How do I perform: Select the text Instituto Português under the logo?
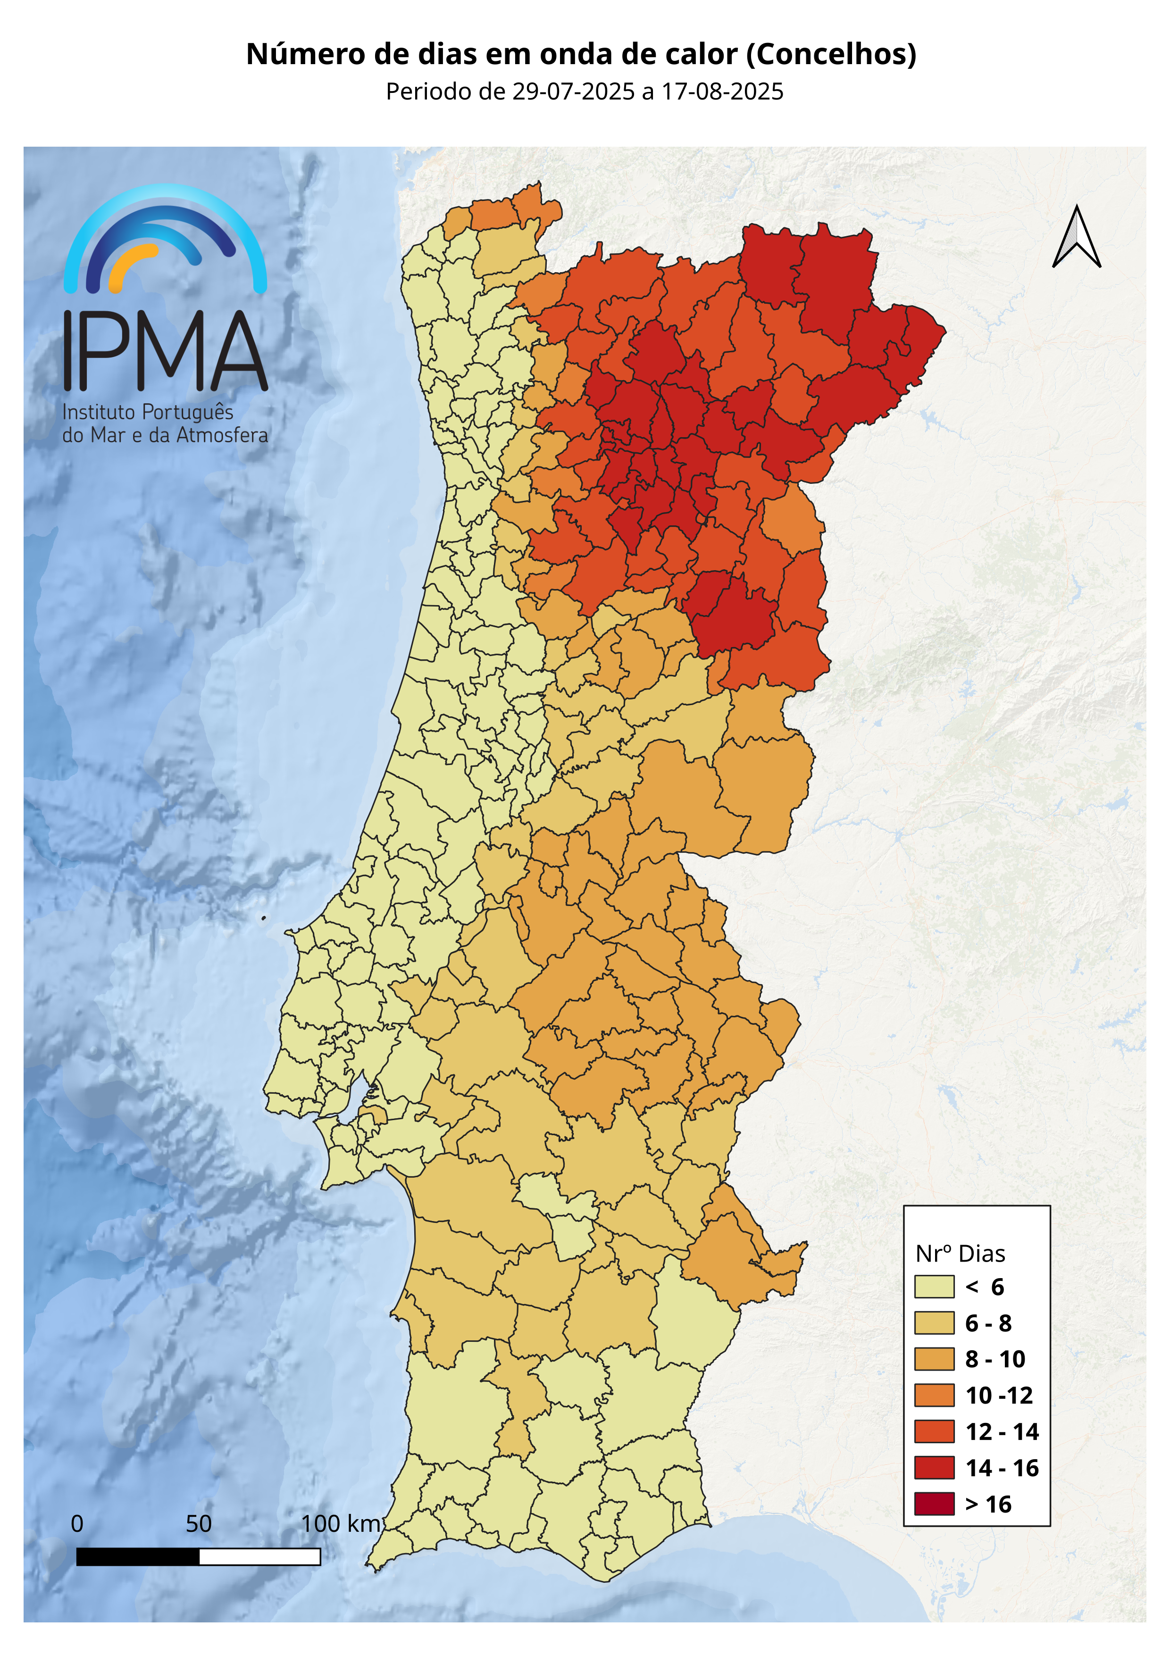tap(148, 412)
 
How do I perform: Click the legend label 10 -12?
tap(999, 1396)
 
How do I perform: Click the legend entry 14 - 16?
tap(1002, 1468)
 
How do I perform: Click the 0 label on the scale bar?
tap(77, 1524)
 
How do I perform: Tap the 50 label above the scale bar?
tap(199, 1524)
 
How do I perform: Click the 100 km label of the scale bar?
tap(341, 1524)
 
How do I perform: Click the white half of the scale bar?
tap(259, 1557)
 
